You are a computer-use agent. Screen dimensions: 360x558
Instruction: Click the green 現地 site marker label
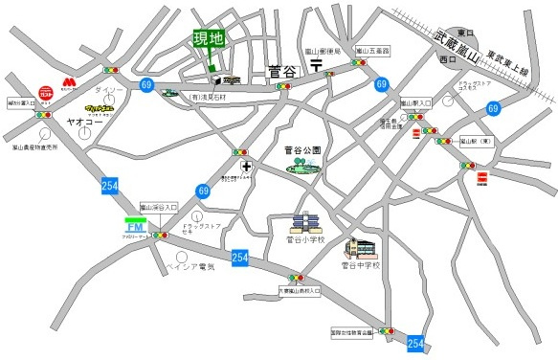pyautogui.click(x=209, y=39)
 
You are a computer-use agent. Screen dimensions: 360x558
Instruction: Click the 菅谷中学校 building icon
pyautogui.click(x=362, y=248)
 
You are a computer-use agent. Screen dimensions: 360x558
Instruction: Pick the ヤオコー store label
pyautogui.click(x=84, y=124)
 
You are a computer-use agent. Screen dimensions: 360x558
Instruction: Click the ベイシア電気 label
pyautogui.click(x=190, y=267)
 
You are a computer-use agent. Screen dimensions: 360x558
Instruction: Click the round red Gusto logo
pyautogui.click(x=46, y=95)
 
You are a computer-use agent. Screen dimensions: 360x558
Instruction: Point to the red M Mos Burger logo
pyautogui.click(x=69, y=83)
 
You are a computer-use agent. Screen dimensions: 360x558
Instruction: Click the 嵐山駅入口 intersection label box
pyautogui.click(x=416, y=101)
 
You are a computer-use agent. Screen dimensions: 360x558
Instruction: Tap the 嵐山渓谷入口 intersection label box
pyautogui.click(x=159, y=207)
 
